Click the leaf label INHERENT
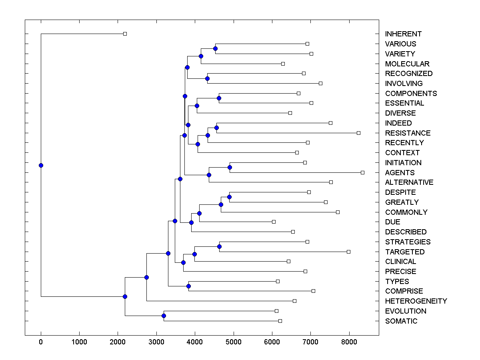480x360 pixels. [403, 34]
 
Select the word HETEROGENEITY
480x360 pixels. [416, 301]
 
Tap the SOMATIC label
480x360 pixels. [401, 321]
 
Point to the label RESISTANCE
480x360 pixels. [408, 133]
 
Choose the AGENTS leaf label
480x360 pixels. [400, 173]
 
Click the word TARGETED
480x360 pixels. [405, 252]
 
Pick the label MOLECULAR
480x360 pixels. [407, 64]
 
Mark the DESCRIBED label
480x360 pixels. [406, 232]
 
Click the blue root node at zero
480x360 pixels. [41, 165]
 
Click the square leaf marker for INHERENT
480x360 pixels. [125, 34]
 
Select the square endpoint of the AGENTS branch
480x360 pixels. [362, 172]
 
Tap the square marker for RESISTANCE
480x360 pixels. [358, 133]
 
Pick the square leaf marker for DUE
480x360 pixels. [274, 222]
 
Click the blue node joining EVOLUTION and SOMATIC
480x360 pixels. [164, 316]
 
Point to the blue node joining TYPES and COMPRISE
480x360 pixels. [189, 286]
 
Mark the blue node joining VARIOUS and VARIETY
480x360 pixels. [215, 48]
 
